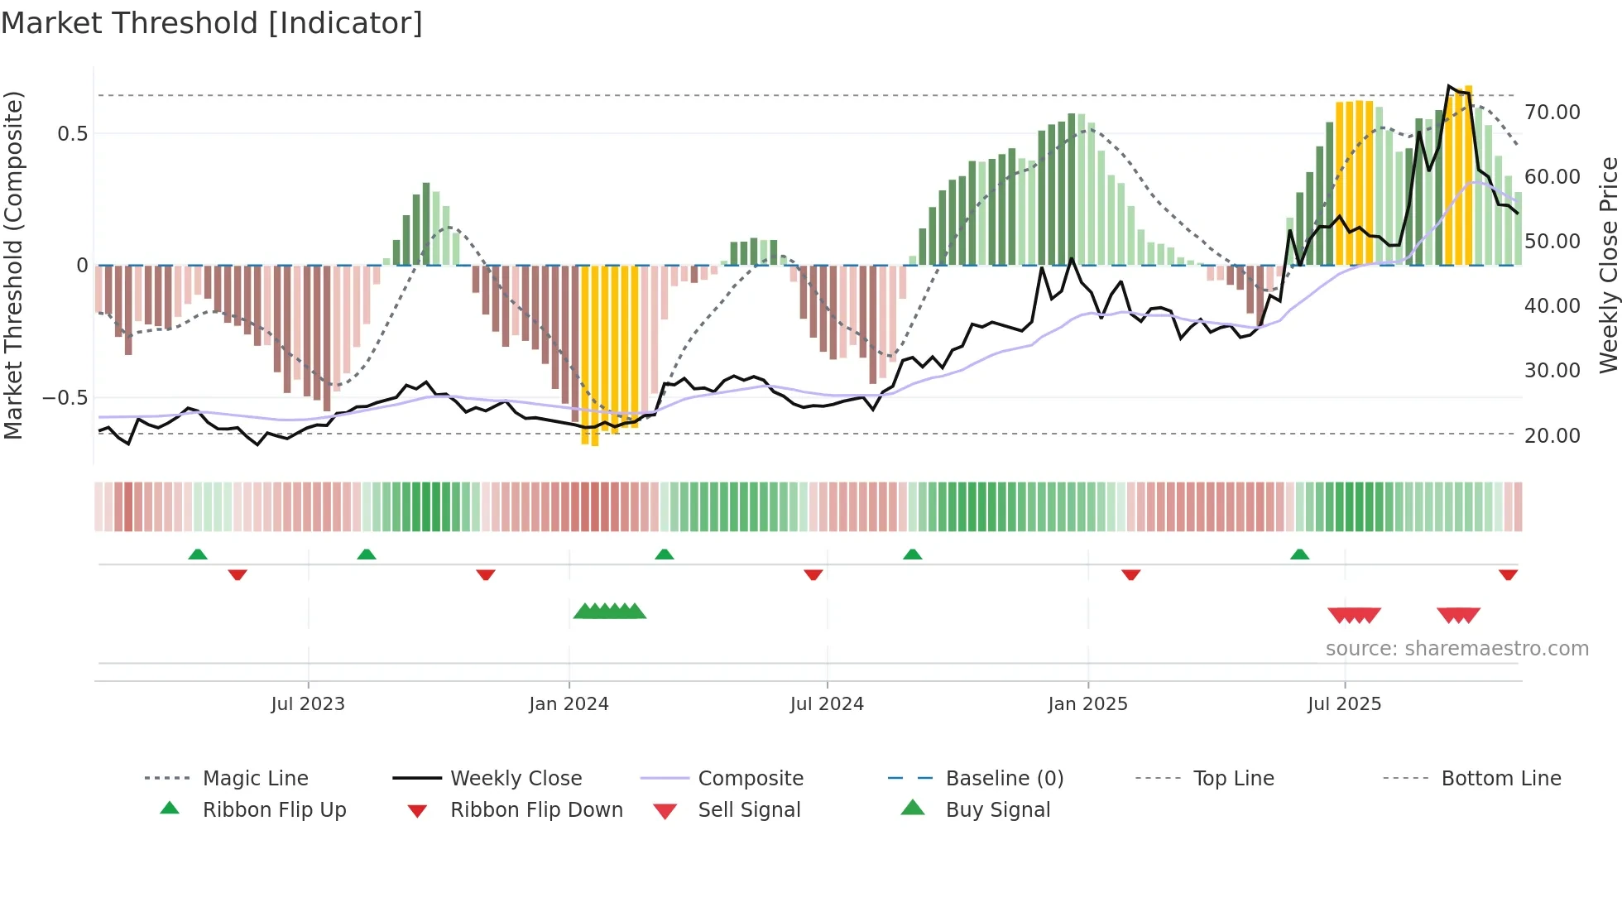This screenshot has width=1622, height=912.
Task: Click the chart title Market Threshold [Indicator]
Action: [x=212, y=23]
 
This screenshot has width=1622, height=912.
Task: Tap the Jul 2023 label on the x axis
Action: [x=308, y=704]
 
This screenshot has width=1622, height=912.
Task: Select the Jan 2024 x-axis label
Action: [x=569, y=704]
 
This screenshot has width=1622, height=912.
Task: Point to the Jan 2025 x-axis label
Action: [x=1087, y=704]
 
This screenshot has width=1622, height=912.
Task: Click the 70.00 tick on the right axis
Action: [x=1552, y=112]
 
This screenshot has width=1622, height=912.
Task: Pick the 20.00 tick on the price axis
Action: [x=1552, y=435]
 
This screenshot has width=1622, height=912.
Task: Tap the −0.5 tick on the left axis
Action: [x=65, y=398]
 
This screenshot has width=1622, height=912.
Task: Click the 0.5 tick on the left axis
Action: [x=72, y=134]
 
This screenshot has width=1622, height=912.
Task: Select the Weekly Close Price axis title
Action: [x=1608, y=265]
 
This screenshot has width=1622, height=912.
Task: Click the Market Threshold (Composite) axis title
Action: [x=13, y=265]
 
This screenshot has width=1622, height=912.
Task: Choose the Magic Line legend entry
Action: [x=255, y=779]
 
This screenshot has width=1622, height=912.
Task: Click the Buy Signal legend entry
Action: [x=997, y=810]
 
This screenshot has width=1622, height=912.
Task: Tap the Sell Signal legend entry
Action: [x=749, y=810]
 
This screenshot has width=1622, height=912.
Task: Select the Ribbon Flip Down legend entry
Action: [x=536, y=810]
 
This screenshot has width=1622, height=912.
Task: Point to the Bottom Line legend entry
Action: [x=1500, y=779]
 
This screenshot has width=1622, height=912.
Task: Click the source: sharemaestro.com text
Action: [x=1456, y=649]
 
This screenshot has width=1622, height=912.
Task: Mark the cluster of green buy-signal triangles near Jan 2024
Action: [x=610, y=612]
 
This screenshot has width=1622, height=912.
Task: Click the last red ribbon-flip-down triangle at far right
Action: [x=1508, y=574]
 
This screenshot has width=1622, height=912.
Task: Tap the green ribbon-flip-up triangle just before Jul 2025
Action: [x=1299, y=554]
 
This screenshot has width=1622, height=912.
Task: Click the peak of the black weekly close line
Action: [x=1449, y=86]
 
